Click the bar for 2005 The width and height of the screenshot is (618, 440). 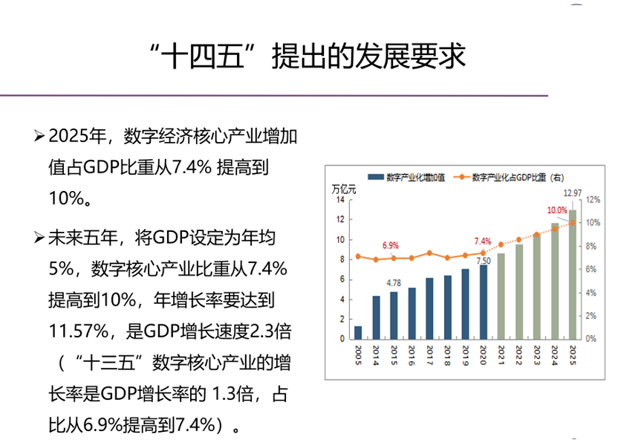(358, 332)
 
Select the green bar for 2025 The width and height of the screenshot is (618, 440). (573, 275)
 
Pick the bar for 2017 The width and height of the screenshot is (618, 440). (429, 308)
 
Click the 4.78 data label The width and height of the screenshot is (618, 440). (394, 282)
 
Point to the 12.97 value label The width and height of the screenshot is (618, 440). (573, 193)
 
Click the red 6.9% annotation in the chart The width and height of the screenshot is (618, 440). (390, 245)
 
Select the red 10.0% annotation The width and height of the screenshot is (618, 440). (557, 210)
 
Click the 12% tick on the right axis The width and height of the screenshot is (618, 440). (593, 200)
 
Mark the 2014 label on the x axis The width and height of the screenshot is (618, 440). (376, 352)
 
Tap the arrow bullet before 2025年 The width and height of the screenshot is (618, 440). (39, 136)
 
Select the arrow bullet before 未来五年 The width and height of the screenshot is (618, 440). (39, 238)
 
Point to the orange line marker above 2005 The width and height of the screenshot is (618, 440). (358, 256)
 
